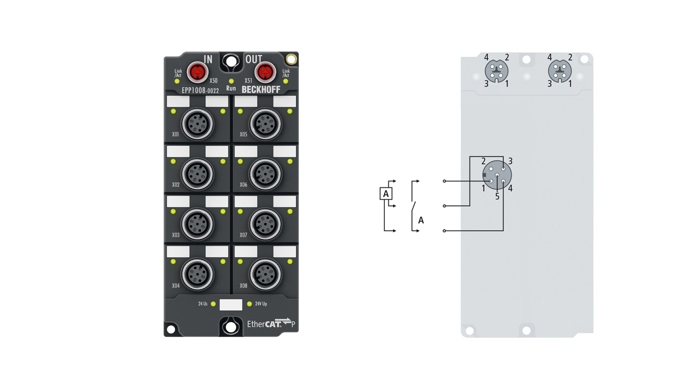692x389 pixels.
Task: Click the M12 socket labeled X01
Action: point(197,124)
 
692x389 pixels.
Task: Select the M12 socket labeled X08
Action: point(264,274)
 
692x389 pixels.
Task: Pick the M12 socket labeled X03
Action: point(197,223)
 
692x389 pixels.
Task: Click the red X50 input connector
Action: point(196,72)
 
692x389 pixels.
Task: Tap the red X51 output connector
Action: point(264,72)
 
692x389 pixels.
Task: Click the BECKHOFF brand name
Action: point(261,90)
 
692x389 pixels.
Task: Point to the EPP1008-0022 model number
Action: point(200,90)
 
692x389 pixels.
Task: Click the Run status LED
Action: point(231,81)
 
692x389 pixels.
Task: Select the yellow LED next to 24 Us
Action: point(213,304)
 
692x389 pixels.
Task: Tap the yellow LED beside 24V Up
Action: point(249,304)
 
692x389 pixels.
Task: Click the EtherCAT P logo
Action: point(271,323)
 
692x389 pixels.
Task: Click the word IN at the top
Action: point(208,60)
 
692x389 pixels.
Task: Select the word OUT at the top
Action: point(254,60)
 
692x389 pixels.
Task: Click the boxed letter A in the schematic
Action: point(386,194)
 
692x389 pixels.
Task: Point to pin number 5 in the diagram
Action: point(497,196)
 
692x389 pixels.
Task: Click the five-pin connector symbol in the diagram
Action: point(497,175)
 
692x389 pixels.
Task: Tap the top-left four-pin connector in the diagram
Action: point(496,72)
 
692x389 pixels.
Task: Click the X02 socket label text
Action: point(175,184)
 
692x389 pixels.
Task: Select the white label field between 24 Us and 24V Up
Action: point(231,304)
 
